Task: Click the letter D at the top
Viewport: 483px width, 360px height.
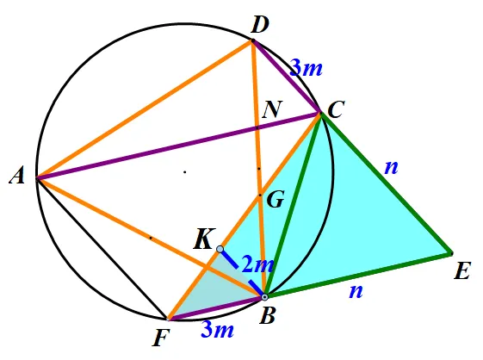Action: coord(260,25)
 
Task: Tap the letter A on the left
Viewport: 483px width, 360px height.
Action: coord(17,177)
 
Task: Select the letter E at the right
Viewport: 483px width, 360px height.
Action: coord(462,270)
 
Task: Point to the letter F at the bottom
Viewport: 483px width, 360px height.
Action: coord(161,338)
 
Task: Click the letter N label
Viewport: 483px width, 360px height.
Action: coord(272,109)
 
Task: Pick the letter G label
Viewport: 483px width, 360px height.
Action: coord(275,200)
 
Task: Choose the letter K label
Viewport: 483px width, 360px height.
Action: coord(203,239)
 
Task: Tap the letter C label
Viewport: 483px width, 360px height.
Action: coord(336,109)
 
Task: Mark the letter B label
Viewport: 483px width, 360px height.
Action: coord(267,315)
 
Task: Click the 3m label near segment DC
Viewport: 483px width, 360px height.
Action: coord(307,68)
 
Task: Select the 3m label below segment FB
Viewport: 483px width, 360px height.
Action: coord(218,330)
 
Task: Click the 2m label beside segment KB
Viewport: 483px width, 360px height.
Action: coord(257,264)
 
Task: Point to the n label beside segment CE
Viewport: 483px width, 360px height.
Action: coord(392,167)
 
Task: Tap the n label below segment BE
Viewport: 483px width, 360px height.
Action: coord(356,290)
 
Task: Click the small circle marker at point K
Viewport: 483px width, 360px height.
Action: coord(220,249)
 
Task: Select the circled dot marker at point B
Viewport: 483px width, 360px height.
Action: coord(264,297)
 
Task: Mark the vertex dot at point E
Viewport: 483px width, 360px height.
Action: coord(451,254)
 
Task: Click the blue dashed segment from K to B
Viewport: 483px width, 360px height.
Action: coord(242,273)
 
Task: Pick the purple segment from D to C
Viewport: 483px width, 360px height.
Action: coord(287,77)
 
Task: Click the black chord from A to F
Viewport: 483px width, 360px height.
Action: coord(102,248)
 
